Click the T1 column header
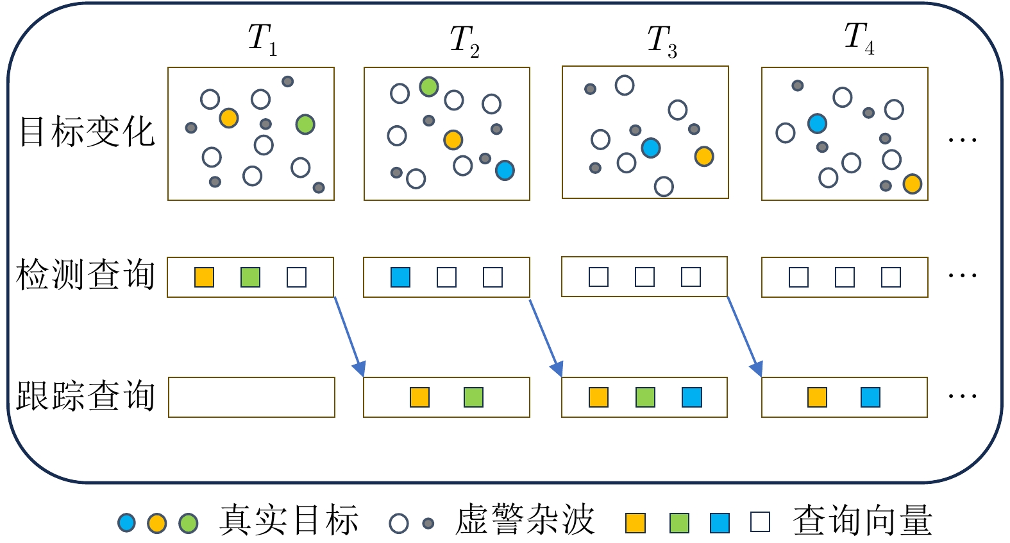coord(262,40)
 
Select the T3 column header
coord(662,42)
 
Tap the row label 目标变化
coord(87,132)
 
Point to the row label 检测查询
coord(86,275)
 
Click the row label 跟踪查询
coord(86,396)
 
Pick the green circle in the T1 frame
coord(305,124)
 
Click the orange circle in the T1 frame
coord(229,118)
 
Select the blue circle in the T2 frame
coord(505,170)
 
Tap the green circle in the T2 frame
coord(429,87)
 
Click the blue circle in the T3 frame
coord(651,148)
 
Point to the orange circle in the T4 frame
coord(912,184)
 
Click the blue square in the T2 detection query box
coord(400,277)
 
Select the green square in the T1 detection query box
coord(250,277)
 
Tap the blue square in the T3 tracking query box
coord(692,397)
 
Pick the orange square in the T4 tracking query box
coord(817,397)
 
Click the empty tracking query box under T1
coord(251,397)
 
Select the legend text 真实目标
coord(289,521)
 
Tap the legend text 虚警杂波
coord(525,521)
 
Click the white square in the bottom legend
coord(760,522)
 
